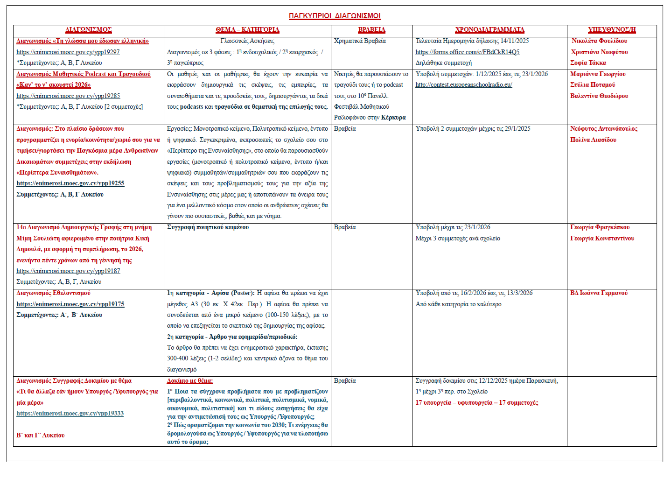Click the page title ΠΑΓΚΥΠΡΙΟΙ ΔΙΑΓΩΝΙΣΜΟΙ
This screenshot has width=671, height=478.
point(335,16)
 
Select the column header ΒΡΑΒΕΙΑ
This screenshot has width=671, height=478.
point(371,30)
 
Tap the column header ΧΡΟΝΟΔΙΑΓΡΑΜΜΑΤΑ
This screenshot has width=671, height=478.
point(489,30)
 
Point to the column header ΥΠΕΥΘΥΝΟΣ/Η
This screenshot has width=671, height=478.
point(612,30)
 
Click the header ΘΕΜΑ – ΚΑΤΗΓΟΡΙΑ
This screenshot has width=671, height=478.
point(247,30)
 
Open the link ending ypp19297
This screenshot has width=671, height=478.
point(68,52)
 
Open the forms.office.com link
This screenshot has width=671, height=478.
point(467,52)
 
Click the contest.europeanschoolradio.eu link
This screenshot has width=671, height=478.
point(463,85)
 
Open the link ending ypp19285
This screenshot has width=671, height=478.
point(68,96)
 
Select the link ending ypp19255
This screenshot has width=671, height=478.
point(70,183)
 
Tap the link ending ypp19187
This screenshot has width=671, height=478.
point(68,271)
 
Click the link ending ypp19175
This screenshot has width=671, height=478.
point(70,304)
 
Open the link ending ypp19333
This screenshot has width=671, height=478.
point(70,414)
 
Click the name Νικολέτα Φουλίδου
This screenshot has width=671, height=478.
point(599,41)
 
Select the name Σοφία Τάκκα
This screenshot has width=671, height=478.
point(588,63)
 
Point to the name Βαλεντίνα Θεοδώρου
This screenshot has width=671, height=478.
point(599,96)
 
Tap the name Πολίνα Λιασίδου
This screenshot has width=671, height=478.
point(593,140)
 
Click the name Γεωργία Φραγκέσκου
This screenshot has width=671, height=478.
point(600,227)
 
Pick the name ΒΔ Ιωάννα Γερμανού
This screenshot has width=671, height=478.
point(599,293)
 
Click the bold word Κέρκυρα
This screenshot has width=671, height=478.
point(393,118)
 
